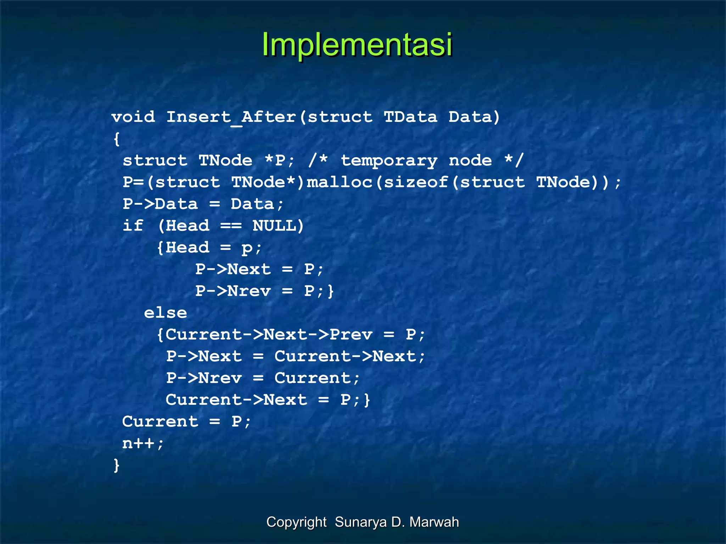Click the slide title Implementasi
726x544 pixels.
[357, 45]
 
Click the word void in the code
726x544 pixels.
[133, 117]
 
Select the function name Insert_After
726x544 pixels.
[231, 117]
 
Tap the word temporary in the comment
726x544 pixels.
[389, 161]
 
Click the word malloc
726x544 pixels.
[339, 182]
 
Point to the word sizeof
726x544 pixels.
[416, 182]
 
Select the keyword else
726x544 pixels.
[165, 313]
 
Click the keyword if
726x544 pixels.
[133, 226]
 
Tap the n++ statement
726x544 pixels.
[143, 443]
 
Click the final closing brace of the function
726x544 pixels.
[117, 465]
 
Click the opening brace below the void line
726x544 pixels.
[117, 139]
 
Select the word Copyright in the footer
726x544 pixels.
[296, 522]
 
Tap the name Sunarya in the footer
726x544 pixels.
[361, 522]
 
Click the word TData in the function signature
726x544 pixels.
[411, 117]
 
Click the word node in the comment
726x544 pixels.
[470, 161]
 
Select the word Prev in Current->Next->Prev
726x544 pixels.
[351, 335]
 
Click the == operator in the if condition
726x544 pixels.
[231, 226]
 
